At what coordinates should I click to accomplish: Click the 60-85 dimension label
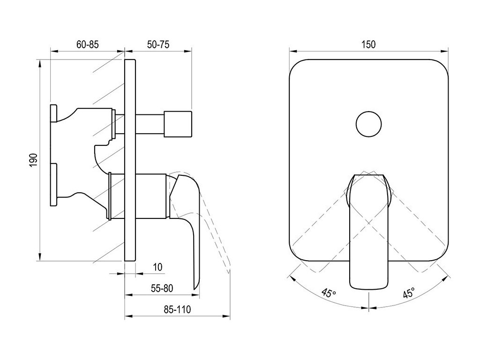pos(88,45)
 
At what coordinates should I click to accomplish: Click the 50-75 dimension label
pos(158,45)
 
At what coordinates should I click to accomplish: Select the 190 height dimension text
pos(33,160)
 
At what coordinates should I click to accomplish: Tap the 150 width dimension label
pos(368,45)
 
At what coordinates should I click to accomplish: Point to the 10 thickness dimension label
pos(157,267)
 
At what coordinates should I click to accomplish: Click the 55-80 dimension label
pos(162,288)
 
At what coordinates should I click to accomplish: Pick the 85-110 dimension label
pos(177,309)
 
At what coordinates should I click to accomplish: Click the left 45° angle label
pos(329,293)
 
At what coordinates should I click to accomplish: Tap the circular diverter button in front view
pos(368,124)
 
